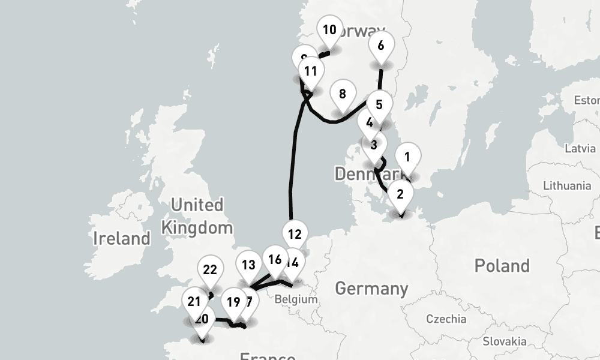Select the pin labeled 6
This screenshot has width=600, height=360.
tap(380, 46)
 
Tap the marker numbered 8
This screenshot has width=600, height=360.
tap(342, 95)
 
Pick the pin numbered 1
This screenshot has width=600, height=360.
tap(407, 158)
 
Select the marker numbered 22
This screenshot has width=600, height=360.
tap(209, 271)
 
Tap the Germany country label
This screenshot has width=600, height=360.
tap(371, 289)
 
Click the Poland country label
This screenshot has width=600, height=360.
tap(502, 266)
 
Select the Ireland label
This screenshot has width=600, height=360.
tap(122, 239)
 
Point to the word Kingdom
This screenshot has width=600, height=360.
tap(197, 228)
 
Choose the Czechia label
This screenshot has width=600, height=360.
tap(446, 319)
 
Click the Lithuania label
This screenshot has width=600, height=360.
tap(567, 186)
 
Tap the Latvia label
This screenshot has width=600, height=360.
tap(580, 148)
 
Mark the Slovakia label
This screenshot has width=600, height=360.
tap(505, 342)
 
